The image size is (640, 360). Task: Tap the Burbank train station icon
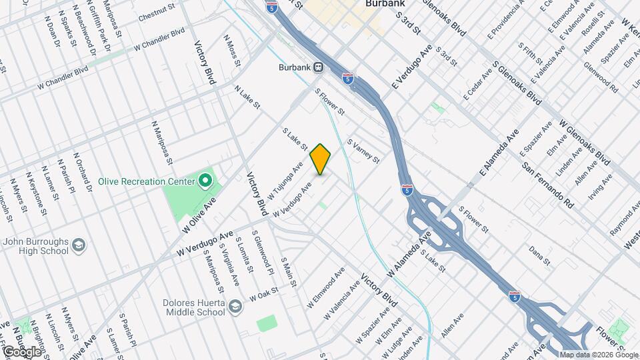click(x=319, y=67)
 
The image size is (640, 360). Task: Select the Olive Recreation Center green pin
click(x=206, y=181)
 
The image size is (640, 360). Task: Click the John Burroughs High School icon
click(x=79, y=246)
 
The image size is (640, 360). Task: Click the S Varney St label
click(x=363, y=151)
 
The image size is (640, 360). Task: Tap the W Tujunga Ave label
click(x=285, y=180)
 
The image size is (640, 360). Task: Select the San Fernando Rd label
click(x=547, y=184)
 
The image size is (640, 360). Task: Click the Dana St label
click(x=538, y=255)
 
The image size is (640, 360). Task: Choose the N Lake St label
click(x=247, y=97)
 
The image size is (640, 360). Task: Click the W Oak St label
click(x=263, y=295)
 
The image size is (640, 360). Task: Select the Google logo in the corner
click(x=21, y=351)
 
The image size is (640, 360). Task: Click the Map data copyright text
click(x=599, y=355)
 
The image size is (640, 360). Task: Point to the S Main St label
click(x=288, y=273)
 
